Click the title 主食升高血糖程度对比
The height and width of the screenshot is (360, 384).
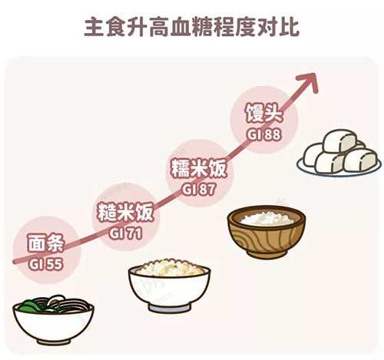[x=191, y=28]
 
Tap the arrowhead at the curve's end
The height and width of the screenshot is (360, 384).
[x=310, y=81]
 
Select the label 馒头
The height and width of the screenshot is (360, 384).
[x=264, y=113]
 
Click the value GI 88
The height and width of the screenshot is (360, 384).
[x=264, y=134]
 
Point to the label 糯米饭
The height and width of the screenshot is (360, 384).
[x=199, y=168]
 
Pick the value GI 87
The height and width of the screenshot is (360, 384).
[x=199, y=190]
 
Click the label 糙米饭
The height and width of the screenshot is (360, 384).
[x=125, y=213]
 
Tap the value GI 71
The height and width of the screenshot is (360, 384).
[x=125, y=233]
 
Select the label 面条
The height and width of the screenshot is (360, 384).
[x=45, y=243]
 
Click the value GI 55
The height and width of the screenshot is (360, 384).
[x=45, y=264]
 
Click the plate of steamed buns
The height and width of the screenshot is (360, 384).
[x=339, y=153]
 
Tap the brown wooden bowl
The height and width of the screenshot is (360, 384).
[x=266, y=232]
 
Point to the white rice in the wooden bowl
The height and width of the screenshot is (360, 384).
[x=266, y=219]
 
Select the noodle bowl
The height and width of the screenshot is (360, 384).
[x=53, y=320]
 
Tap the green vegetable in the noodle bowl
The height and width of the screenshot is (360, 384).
[x=33, y=306]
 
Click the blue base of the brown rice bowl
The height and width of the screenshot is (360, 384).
[x=169, y=308]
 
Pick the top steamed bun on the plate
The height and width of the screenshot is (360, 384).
[x=339, y=140]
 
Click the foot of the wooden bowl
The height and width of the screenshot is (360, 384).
[x=267, y=254]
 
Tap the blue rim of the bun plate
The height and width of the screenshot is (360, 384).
[x=339, y=173]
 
